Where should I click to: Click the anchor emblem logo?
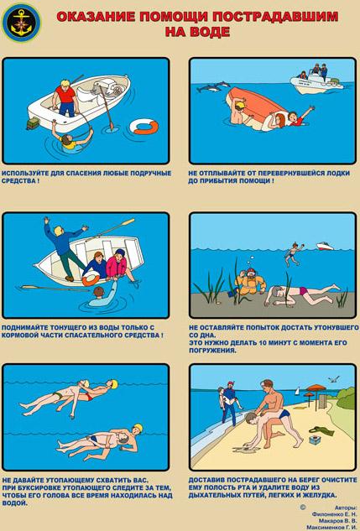click(x=21, y=23)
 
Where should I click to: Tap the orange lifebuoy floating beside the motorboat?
click(x=144, y=127)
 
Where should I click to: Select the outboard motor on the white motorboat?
click(x=107, y=87)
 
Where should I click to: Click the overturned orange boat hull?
click(x=257, y=107)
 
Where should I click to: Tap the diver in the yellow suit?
click(x=249, y=281)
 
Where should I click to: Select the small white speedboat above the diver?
click(x=325, y=246)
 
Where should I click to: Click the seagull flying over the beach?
click(x=334, y=379)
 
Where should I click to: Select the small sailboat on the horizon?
click(x=297, y=391)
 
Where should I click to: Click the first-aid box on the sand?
click(x=315, y=440)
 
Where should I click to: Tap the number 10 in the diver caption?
click(x=263, y=343)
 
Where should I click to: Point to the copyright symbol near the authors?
click(x=303, y=507)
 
